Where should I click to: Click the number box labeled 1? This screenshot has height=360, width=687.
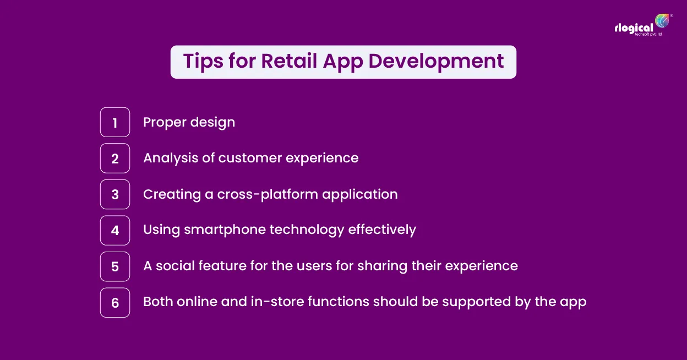pyautogui.click(x=115, y=122)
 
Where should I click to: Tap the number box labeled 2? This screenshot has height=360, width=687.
pyautogui.click(x=115, y=159)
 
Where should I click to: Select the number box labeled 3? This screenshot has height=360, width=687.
pyautogui.click(x=115, y=194)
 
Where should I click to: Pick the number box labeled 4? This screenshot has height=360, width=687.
pyautogui.click(x=115, y=231)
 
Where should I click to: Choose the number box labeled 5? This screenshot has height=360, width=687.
pyautogui.click(x=115, y=266)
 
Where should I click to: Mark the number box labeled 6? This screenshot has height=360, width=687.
pyautogui.click(x=115, y=303)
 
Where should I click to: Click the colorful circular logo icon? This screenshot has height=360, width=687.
pyautogui.click(x=662, y=21)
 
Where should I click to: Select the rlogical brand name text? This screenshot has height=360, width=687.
pyautogui.click(x=634, y=28)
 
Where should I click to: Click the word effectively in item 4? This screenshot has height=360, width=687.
pyautogui.click(x=382, y=230)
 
